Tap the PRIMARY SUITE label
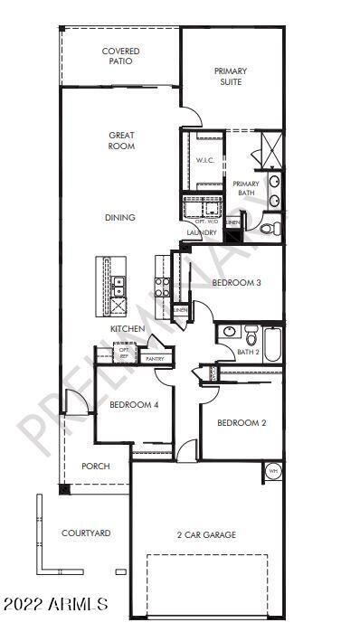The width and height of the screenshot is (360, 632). click(231, 76)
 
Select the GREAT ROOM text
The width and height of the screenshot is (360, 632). click(122, 140)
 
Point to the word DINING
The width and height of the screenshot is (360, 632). click(119, 217)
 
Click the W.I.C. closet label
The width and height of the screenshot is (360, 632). click(204, 160)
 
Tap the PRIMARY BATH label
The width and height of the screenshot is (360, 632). click(246, 188)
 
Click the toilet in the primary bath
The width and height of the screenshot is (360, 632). click(269, 230)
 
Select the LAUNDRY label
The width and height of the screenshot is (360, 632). click(202, 233)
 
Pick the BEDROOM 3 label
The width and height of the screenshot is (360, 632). click(236, 283)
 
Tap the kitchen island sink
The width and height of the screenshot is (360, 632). click(118, 286)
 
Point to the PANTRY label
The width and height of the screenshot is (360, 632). click(155, 359)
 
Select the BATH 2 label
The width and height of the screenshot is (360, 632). click(249, 352)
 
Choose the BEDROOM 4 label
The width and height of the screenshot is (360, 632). click(134, 405)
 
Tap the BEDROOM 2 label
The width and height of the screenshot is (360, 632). click(242, 422)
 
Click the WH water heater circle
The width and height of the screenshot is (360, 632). click(273, 470)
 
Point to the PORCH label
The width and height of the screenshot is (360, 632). click(96, 467)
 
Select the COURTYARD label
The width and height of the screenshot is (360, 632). click(86, 533)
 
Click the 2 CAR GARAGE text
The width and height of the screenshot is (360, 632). click(206, 534)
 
